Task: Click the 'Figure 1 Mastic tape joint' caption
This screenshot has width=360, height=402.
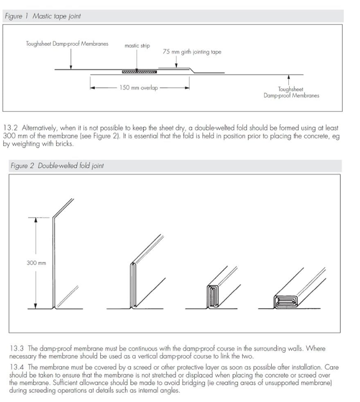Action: [43, 16]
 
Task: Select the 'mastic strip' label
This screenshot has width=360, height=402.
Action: [137, 46]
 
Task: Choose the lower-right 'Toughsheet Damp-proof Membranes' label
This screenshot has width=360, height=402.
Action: [291, 93]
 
